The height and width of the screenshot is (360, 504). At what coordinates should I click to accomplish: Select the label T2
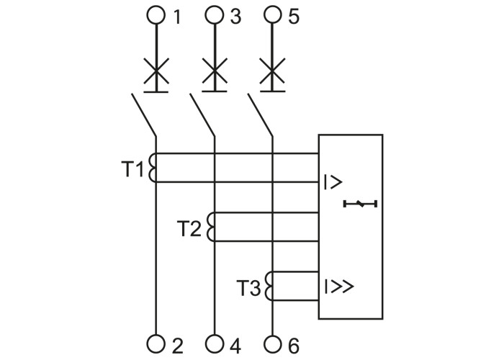(189, 229)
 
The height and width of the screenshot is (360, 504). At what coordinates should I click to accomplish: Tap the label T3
(249, 288)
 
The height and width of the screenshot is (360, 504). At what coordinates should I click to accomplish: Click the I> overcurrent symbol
(333, 181)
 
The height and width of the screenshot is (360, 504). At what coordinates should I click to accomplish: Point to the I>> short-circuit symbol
(338, 286)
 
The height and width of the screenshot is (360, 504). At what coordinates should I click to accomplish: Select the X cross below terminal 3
(214, 73)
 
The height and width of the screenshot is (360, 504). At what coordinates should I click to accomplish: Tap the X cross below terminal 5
(272, 73)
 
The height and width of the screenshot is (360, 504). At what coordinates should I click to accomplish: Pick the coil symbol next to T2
(211, 227)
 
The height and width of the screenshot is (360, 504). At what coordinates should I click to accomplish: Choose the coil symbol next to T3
(269, 285)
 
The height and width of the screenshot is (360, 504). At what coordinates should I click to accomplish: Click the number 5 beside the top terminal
(293, 16)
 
